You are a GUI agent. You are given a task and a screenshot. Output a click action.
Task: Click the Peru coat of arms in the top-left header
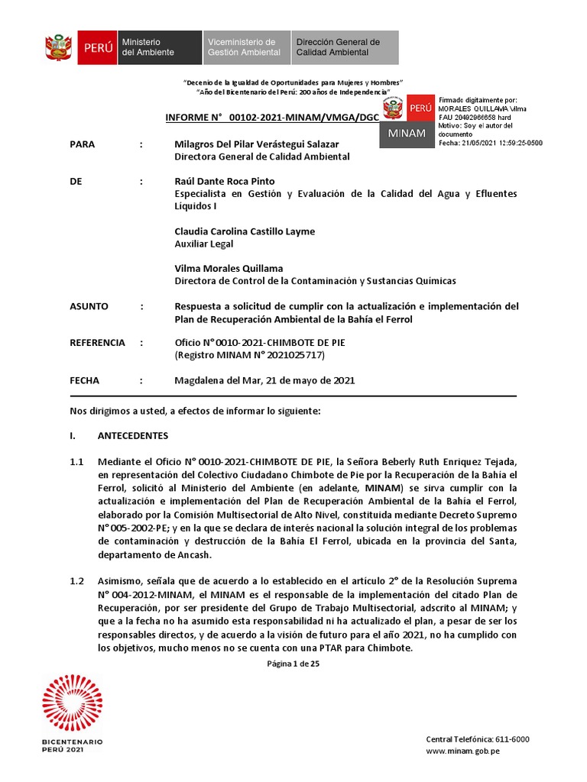click(59, 47)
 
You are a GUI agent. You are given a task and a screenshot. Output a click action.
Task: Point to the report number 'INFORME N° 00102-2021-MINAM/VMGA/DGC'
click(272, 118)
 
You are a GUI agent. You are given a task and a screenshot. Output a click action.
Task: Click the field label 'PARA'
click(83, 144)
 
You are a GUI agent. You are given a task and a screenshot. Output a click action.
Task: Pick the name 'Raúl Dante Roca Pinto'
click(225, 181)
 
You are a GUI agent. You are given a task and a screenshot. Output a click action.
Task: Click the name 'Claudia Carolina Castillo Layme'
click(245, 231)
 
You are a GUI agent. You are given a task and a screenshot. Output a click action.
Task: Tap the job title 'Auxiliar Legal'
click(204, 244)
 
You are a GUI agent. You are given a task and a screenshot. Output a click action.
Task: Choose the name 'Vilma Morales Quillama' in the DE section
click(229, 268)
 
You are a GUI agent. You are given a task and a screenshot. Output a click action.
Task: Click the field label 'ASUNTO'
click(89, 306)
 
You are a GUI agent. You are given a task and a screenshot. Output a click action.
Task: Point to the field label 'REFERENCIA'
click(97, 343)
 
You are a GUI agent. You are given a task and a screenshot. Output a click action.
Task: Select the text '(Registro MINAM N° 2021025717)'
click(249, 355)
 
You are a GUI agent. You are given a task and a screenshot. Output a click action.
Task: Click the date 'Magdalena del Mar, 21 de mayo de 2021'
click(264, 380)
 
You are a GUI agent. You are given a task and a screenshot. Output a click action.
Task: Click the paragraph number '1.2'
click(76, 581)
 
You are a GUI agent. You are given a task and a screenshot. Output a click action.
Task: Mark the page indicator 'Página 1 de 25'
click(293, 664)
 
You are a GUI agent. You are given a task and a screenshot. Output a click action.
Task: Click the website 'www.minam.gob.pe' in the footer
click(462, 751)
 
